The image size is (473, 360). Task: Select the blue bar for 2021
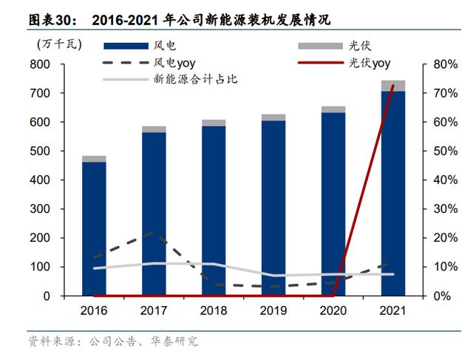point(392,192)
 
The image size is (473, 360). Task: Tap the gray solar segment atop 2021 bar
point(392,85)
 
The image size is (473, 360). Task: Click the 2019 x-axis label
point(273,311)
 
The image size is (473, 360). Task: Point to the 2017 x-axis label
point(154,311)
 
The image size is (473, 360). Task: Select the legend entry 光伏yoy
point(370,62)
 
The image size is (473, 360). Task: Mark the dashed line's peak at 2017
point(154,232)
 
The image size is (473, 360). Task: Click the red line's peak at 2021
point(392,86)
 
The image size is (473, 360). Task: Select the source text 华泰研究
point(177,342)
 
